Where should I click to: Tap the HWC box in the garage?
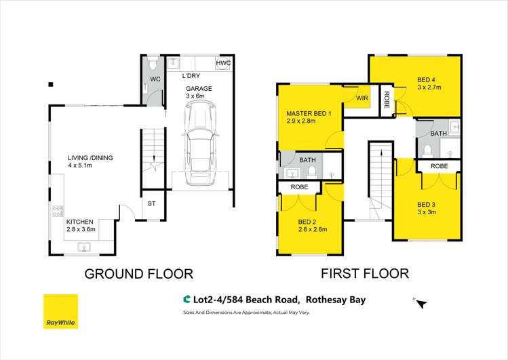[x=222, y=64]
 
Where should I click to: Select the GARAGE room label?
[x=199, y=89]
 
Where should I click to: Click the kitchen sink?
[x=85, y=248]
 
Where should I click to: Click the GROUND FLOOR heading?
[x=138, y=274]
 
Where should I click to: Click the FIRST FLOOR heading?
[x=365, y=274]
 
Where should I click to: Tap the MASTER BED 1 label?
[x=309, y=113]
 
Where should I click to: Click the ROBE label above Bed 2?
[x=299, y=187]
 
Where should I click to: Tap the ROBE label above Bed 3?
[x=439, y=165]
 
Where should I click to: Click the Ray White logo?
[x=60, y=311]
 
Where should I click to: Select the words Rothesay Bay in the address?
[x=337, y=299]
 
